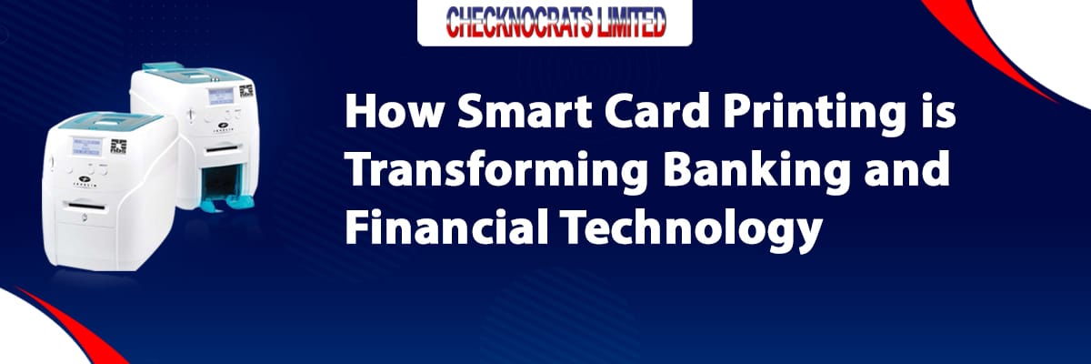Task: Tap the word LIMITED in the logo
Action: click(x=630, y=22)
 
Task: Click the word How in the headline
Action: click(x=395, y=112)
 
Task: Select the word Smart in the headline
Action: click(x=525, y=112)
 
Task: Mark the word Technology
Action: click(x=692, y=230)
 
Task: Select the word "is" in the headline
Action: click(x=939, y=112)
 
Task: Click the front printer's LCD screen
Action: click(x=87, y=147)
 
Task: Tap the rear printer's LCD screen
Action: click(x=221, y=96)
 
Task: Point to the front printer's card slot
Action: click(x=86, y=207)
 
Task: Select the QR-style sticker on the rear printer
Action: click(x=246, y=91)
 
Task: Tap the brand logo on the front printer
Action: click(x=85, y=180)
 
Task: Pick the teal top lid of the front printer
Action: click(x=111, y=122)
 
